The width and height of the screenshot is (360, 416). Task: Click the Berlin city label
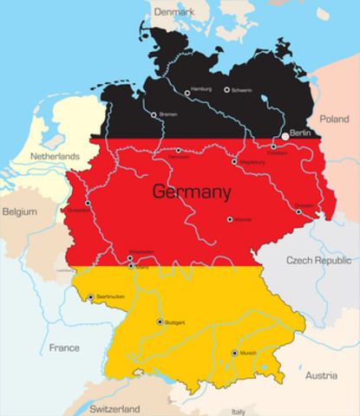(x=300, y=133)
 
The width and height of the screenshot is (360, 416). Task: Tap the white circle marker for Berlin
(x=285, y=136)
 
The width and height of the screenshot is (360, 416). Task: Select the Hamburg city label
(x=201, y=88)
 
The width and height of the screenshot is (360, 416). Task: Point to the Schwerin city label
(x=242, y=89)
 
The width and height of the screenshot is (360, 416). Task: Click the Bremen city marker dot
(x=154, y=114)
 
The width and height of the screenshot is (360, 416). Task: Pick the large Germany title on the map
(x=192, y=192)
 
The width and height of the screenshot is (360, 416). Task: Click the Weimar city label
(x=242, y=219)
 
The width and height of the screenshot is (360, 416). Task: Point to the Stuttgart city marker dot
(x=159, y=322)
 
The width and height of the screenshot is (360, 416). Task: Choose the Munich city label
(x=248, y=353)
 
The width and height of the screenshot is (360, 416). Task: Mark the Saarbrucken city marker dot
(x=90, y=297)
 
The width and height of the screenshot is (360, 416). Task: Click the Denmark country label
(x=174, y=13)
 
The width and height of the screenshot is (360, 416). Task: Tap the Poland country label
(x=334, y=118)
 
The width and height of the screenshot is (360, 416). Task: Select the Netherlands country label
(x=55, y=156)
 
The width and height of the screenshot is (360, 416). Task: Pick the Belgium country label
(x=19, y=211)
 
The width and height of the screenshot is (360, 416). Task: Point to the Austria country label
(x=321, y=375)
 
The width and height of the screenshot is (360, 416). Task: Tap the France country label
(x=63, y=348)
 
